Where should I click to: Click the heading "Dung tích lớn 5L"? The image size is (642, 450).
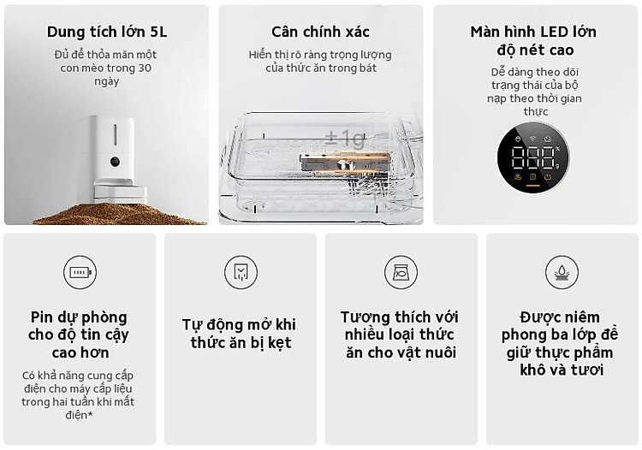(x=107, y=32)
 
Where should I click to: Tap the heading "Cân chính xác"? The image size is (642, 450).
(x=320, y=32)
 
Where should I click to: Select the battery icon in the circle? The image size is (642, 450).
(x=80, y=272)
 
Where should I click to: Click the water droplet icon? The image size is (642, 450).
(x=562, y=272)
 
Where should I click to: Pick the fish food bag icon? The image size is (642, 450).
(x=401, y=272)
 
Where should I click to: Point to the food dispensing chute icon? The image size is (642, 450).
(x=241, y=272)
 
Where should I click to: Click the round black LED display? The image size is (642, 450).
(x=533, y=157)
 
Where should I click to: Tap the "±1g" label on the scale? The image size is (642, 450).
(x=344, y=139)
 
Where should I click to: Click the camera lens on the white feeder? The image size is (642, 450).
(x=115, y=162)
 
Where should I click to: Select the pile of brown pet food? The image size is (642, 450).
(x=119, y=214)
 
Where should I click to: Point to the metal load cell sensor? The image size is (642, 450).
(x=345, y=163)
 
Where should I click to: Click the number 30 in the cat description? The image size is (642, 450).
(x=145, y=68)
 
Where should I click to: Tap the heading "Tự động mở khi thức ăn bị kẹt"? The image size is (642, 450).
(x=240, y=334)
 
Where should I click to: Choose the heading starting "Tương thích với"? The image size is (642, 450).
(x=400, y=335)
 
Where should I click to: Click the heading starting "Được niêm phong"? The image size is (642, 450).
(x=560, y=343)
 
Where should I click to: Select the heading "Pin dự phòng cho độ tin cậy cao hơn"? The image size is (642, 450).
(x=79, y=335)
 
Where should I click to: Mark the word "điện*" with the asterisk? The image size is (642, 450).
(x=79, y=415)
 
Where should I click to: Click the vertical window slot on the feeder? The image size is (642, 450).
(x=115, y=134)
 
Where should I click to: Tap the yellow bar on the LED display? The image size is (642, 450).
(x=532, y=186)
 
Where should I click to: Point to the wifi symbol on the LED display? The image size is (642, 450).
(x=532, y=139)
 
